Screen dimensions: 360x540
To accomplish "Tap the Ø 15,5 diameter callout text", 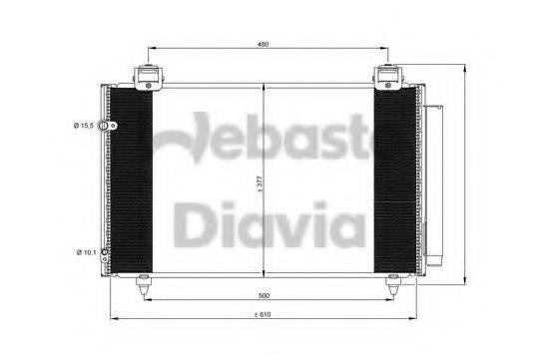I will pyautogui.click(x=84, y=126).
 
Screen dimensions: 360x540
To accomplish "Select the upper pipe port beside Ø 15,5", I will pyautogui.click(x=113, y=126).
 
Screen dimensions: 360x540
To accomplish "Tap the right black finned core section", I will pyautogui.click(x=394, y=180).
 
